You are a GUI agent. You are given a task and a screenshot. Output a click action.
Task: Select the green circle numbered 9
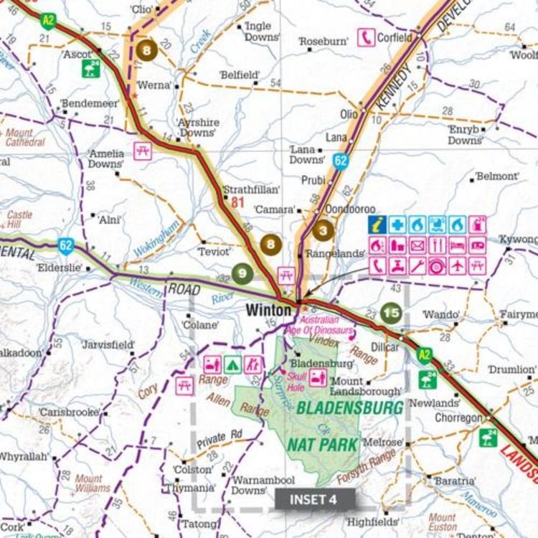point(242,273)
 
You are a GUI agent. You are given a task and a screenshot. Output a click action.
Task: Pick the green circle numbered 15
point(391,312)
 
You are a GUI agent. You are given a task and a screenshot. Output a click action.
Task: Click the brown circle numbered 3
point(324,231)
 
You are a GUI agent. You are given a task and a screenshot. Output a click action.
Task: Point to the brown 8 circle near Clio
point(148,50)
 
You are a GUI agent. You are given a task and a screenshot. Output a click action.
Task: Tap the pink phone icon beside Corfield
point(366,37)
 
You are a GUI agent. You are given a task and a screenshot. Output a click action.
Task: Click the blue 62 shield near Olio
point(340,161)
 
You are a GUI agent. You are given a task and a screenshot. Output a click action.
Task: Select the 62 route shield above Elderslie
point(67,246)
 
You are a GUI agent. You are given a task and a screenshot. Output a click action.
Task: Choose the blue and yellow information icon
point(378,225)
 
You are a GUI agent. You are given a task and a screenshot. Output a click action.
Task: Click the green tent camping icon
point(232,364)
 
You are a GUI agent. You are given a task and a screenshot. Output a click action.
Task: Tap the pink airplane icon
point(458,265)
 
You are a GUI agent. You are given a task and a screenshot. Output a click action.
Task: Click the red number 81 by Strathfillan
point(238,203)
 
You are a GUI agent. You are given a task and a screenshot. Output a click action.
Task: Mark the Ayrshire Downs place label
point(197,127)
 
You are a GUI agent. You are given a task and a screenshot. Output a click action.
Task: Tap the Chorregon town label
point(458,417)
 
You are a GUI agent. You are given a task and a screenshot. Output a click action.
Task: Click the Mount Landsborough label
point(366,387)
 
